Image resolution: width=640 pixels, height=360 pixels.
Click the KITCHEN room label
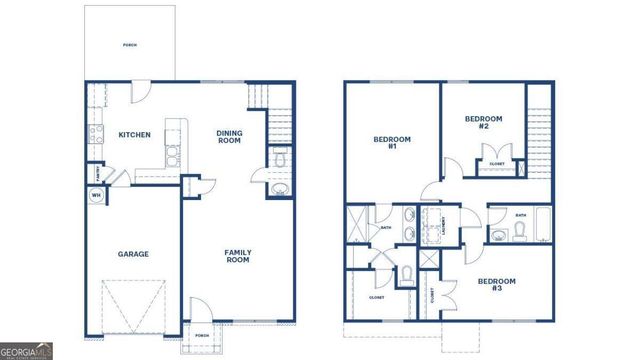pyautogui.click(x=135, y=135)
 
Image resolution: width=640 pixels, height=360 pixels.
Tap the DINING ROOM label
pyautogui.click(x=230, y=136)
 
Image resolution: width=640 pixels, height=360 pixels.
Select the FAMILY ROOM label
pyautogui.click(x=236, y=255)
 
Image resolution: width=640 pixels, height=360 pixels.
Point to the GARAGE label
pyautogui.click(x=134, y=254)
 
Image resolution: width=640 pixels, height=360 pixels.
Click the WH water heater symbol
pyautogui.click(x=97, y=195)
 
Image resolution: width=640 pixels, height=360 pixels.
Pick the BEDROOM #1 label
pyautogui.click(x=386, y=142)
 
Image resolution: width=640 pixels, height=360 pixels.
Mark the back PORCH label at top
pyautogui.click(x=130, y=46)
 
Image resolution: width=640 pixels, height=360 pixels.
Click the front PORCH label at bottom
pyautogui.click(x=201, y=335)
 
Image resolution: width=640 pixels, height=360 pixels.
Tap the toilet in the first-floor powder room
pyautogui.click(x=280, y=159)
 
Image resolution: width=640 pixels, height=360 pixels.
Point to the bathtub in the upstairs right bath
pyautogui.click(x=541, y=225)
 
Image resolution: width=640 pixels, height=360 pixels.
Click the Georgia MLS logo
pyautogui.click(x=28, y=351)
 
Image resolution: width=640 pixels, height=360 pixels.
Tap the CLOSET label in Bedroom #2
pyautogui.click(x=496, y=165)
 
